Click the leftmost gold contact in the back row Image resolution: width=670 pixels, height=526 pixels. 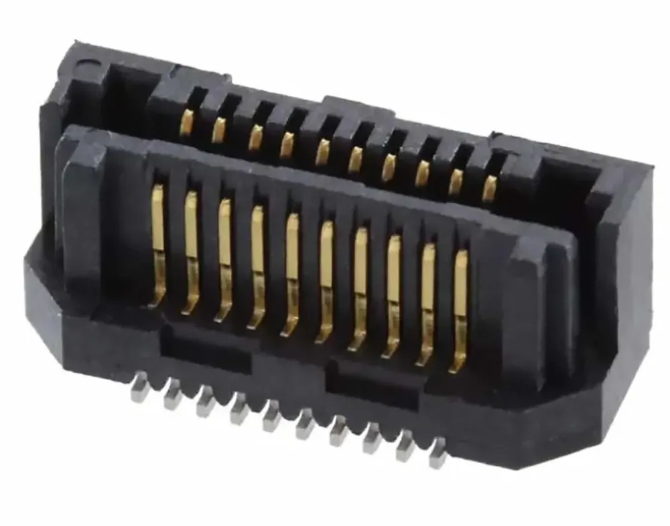186,122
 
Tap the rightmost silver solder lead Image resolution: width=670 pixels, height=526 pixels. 438,452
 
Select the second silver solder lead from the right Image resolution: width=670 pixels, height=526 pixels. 405,445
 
